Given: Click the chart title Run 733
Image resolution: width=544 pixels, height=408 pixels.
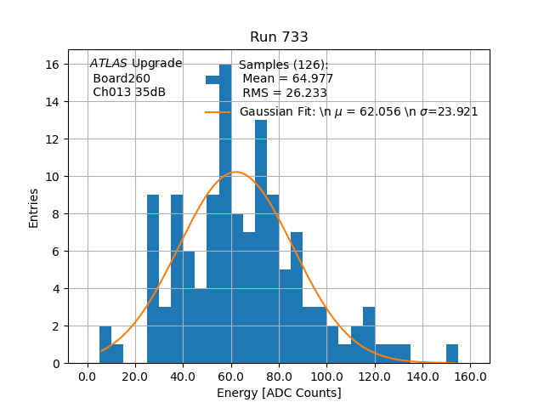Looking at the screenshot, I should coord(279,37).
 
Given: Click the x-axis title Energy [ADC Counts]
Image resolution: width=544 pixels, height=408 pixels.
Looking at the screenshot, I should coord(279,393).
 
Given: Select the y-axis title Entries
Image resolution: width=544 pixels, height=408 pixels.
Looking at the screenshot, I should coord(34,207).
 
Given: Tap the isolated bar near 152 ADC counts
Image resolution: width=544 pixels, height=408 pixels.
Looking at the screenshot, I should coord(452,354).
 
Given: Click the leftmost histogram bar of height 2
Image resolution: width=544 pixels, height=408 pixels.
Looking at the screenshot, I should coord(105,345).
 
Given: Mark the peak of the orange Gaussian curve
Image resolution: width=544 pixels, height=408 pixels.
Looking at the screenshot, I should coord(236,173).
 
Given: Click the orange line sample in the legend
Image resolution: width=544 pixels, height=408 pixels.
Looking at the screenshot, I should coord(218,112).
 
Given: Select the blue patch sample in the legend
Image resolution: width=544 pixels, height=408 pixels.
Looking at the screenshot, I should coord(213,80).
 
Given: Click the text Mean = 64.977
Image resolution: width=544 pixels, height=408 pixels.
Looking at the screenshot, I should coord(287,79).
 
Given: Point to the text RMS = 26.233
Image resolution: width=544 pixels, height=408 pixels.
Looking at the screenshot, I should coord(285,93).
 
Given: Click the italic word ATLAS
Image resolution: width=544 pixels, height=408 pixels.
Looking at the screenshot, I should coord(109,64).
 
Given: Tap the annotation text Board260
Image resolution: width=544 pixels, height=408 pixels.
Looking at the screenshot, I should coord(122,78).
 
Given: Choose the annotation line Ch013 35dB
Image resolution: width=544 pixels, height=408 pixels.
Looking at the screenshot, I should coord(129,92).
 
